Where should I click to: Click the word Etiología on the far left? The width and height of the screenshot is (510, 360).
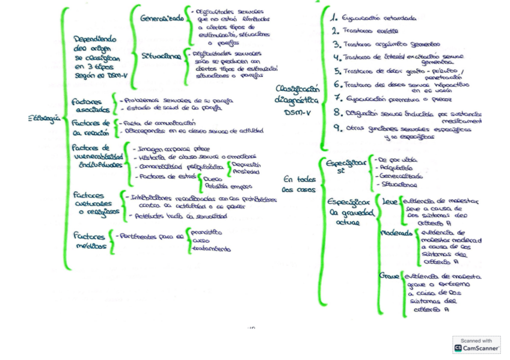click(44, 118)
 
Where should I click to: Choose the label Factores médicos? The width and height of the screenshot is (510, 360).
click(89, 241)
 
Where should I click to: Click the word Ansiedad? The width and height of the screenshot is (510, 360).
click(245, 172)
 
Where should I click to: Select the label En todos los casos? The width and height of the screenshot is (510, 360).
click(298, 183)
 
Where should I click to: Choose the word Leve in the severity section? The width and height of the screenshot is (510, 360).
click(390, 202)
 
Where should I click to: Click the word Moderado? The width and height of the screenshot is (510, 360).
click(397, 233)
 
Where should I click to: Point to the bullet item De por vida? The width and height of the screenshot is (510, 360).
click(398, 160)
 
